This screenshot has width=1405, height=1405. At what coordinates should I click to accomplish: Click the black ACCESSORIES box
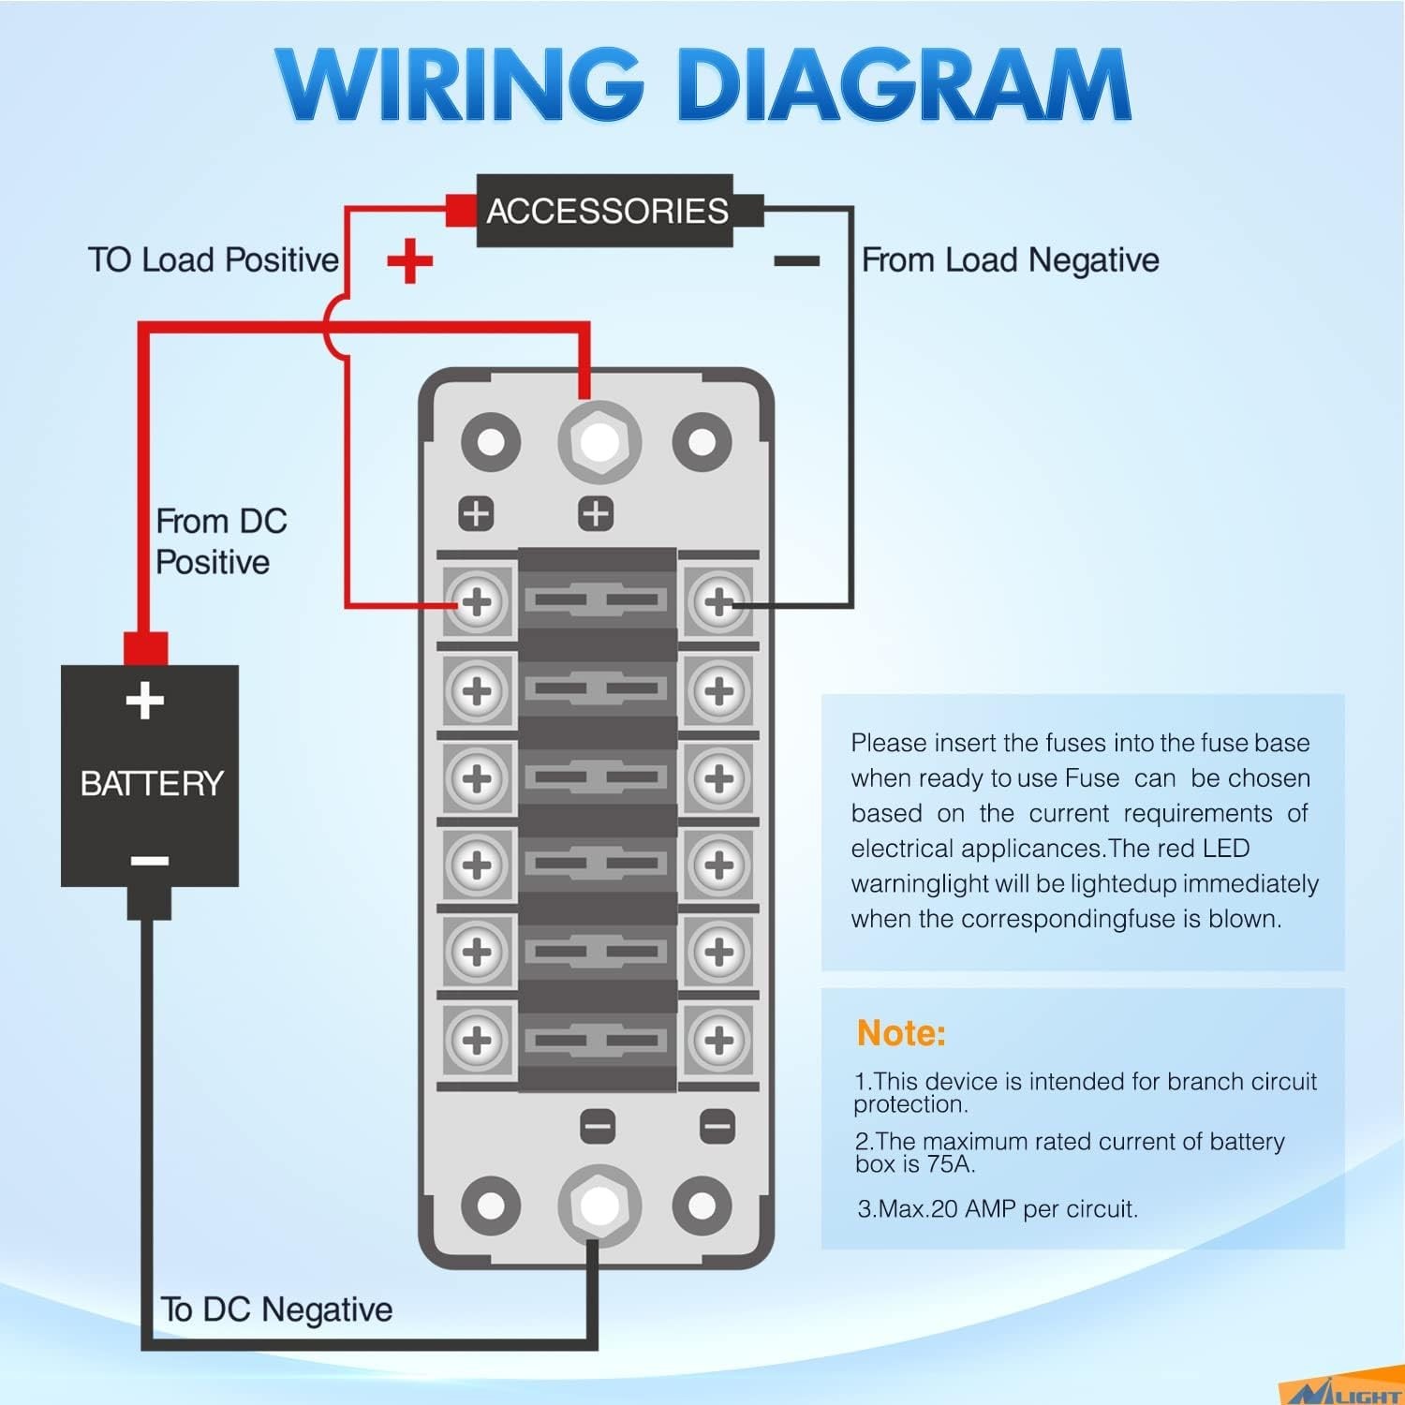point(605,211)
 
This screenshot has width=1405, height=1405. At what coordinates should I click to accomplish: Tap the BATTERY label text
point(152,783)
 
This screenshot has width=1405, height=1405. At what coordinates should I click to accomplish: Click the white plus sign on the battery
point(145,701)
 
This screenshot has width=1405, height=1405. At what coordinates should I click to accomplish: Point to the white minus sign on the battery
point(149,860)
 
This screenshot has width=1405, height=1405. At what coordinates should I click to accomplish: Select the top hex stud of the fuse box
point(599,441)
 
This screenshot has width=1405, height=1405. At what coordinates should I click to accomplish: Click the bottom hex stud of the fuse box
point(599,1205)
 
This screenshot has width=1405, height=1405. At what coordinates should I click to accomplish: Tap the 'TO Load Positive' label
point(214,259)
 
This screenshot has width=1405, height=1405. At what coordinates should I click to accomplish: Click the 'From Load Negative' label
point(1010,259)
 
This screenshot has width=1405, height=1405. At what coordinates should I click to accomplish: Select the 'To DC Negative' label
point(276,1309)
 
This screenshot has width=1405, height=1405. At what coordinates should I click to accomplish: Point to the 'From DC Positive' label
point(220,541)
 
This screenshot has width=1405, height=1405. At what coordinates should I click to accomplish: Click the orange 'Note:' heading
point(901,1033)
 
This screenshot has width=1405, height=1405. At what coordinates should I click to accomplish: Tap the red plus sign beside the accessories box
point(409,260)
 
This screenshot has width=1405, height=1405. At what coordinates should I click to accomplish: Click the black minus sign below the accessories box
point(796,261)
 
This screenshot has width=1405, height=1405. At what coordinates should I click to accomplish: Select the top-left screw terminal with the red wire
point(478,601)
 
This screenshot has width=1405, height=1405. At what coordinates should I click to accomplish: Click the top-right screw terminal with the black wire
point(719,601)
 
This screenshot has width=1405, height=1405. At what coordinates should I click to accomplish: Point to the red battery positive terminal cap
point(145,648)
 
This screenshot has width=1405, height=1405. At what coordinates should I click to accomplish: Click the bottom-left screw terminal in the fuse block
point(478,1040)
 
